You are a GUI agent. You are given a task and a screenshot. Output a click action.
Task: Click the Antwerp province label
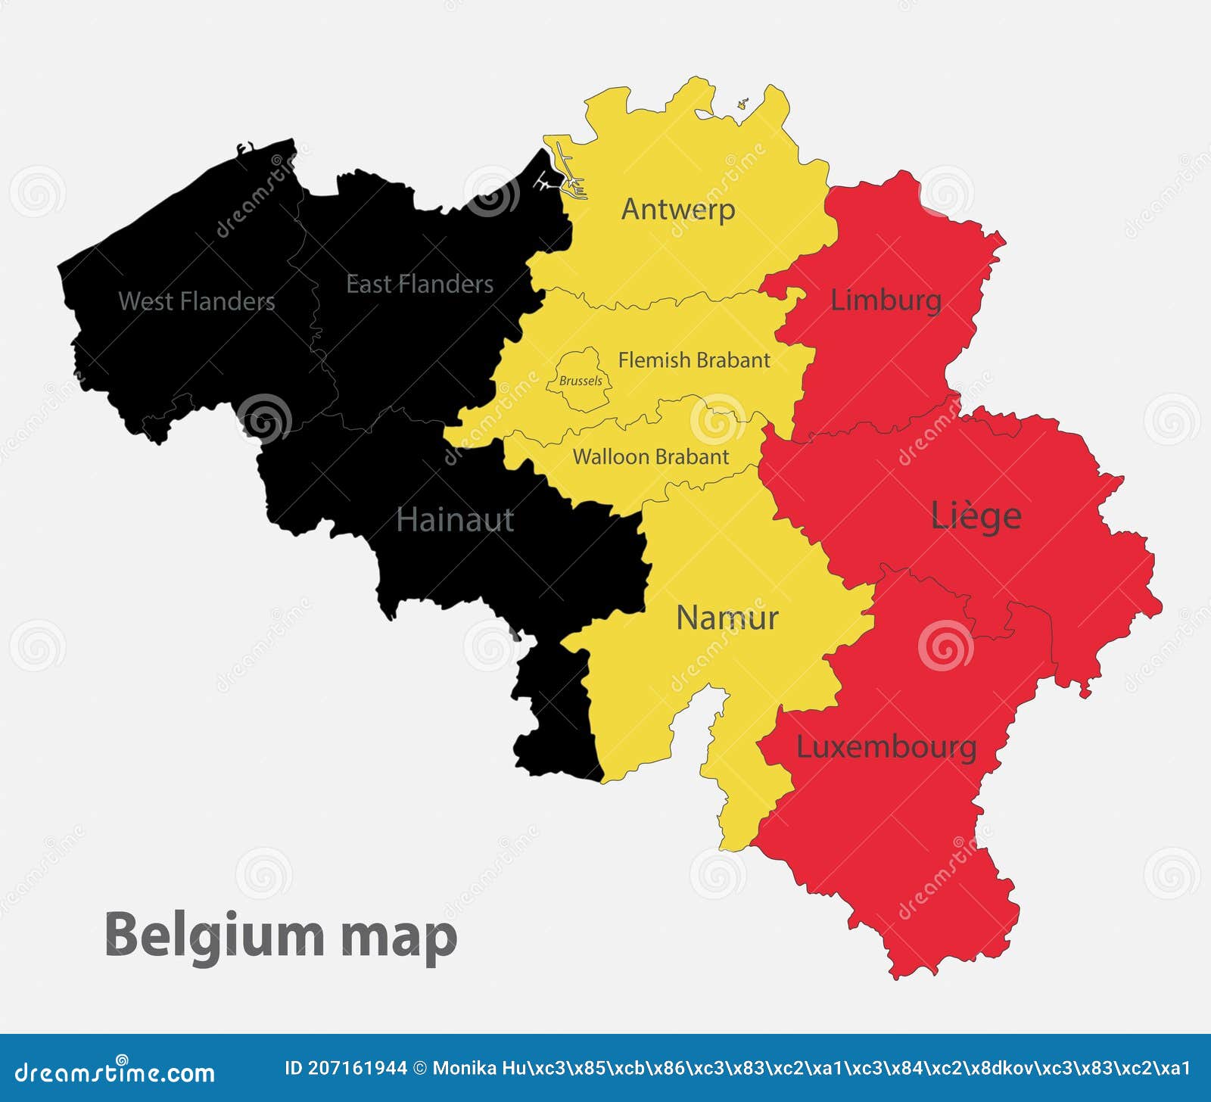pyautogui.click(x=677, y=210)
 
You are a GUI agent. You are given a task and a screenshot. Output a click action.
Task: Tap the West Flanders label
pyautogui.click(x=197, y=301)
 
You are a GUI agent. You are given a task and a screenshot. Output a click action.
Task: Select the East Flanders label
pyautogui.click(x=419, y=284)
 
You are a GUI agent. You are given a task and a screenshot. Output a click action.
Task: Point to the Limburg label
pyautogui.click(x=886, y=300)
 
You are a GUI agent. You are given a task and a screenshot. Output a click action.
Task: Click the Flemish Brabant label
pyautogui.click(x=693, y=360)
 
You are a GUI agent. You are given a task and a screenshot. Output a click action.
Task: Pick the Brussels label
pyautogui.click(x=581, y=381)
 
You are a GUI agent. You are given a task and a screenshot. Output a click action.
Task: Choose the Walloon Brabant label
pyautogui.click(x=650, y=457)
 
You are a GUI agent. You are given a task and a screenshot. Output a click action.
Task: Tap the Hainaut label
pyautogui.click(x=455, y=520)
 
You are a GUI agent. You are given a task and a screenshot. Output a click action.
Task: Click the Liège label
pyautogui.click(x=976, y=516)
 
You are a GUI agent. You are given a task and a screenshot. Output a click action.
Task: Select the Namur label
pyautogui.click(x=727, y=618)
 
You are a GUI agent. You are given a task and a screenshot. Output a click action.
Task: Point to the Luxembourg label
pyautogui.click(x=886, y=748)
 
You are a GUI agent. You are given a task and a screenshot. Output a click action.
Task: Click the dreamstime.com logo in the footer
pyautogui.click(x=115, y=1072)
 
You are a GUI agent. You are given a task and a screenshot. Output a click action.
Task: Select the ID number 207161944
pyautogui.click(x=345, y=1069)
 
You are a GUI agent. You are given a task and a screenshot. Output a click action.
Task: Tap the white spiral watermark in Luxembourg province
pyautogui.click(x=945, y=646)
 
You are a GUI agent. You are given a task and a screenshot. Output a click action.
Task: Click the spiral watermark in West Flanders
pyautogui.click(x=264, y=418)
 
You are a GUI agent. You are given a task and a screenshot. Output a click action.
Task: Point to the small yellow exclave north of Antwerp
pyautogui.click(x=742, y=104)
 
